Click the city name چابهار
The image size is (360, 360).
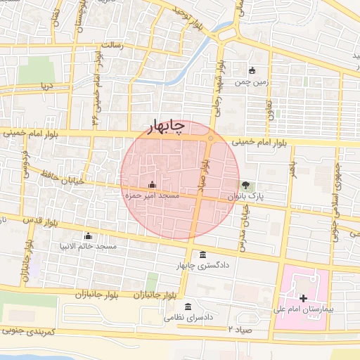pos(165,125)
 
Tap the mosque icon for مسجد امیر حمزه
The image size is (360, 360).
pos(153,185)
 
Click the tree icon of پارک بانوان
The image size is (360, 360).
pos(245,186)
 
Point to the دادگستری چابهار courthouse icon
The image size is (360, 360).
pos(203,254)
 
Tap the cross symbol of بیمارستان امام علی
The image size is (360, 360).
pos(303,299)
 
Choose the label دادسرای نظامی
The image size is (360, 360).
pos(188,318)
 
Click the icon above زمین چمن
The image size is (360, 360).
pos(252,70)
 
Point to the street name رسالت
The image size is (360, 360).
pos(112,45)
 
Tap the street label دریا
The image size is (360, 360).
pos(46,86)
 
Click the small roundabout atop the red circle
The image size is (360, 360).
pos(210,138)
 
